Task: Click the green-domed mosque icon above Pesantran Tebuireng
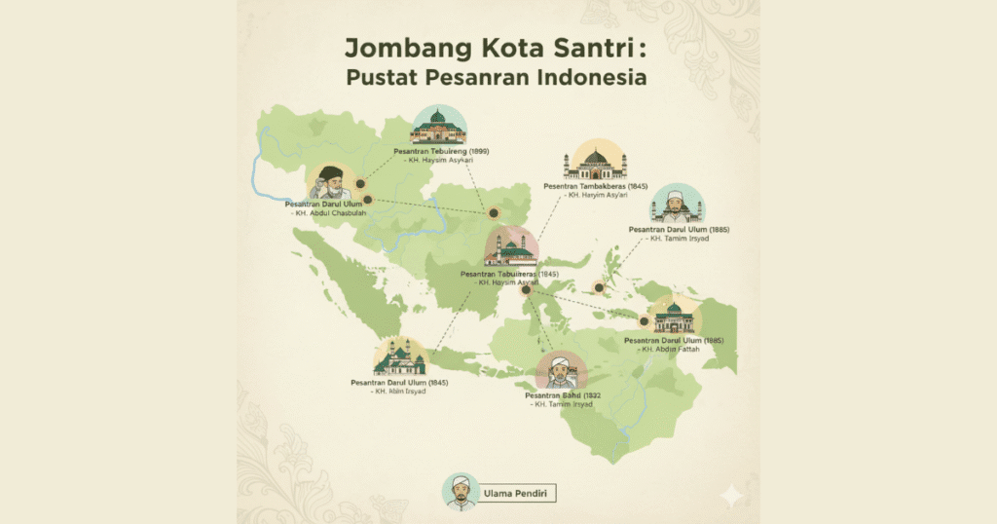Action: click(438, 128)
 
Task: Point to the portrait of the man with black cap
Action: click(330, 182)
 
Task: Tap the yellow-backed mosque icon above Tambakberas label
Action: click(595, 160)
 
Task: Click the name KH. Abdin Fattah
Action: click(673, 350)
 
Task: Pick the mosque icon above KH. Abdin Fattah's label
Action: click(673, 317)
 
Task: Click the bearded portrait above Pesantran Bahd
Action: click(562, 370)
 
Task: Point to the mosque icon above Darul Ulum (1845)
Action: click(400, 357)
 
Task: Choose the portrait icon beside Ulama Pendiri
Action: click(460, 492)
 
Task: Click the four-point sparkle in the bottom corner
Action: click(727, 496)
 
